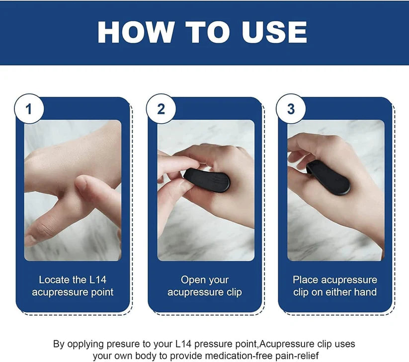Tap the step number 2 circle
click(x=161, y=109)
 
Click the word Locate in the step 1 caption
click(x=55, y=280)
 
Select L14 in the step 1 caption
click(x=97, y=280)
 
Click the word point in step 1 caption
click(x=101, y=292)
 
